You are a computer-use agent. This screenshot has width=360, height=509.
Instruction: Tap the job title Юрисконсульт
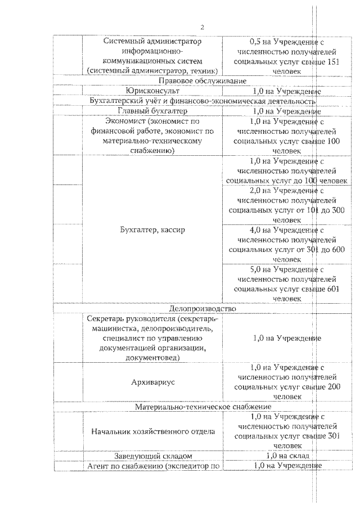[x=152, y=91]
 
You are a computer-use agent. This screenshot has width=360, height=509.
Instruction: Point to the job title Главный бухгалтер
[x=152, y=111]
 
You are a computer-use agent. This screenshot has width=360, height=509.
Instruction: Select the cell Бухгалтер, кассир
[x=152, y=230]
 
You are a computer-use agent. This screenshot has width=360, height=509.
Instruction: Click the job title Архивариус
[x=152, y=381]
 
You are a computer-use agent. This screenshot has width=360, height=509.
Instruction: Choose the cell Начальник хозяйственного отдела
[x=152, y=431]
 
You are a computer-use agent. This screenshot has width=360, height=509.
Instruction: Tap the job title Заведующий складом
[x=152, y=456]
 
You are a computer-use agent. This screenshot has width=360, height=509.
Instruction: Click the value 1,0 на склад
[x=287, y=456]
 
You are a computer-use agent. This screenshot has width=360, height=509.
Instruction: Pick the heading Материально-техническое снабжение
[x=203, y=406]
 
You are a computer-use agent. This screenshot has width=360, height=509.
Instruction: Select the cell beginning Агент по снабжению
[x=152, y=466]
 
